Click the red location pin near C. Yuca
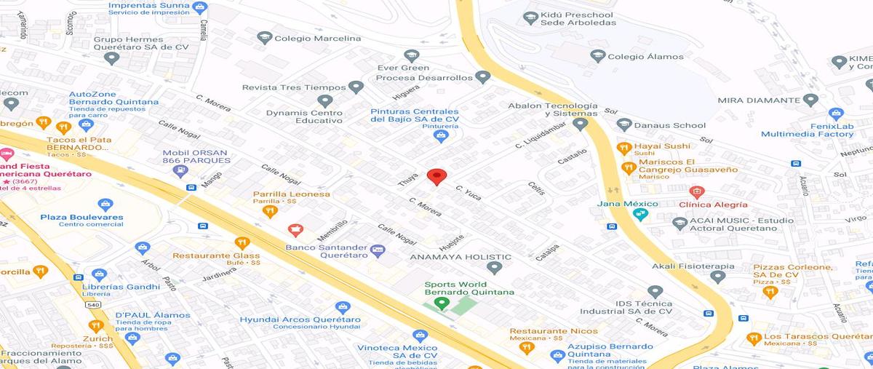click(436, 176)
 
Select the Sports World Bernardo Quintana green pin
click(440, 303)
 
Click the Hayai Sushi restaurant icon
click(623, 148)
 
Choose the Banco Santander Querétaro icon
click(377, 250)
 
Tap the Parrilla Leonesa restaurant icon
click(270, 212)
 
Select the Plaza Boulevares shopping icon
click(105, 205)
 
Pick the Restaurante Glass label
click(216, 255)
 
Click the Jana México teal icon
click(640, 215)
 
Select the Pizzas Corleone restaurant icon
click(770, 292)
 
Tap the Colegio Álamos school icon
click(598, 56)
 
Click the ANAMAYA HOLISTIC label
click(461, 257)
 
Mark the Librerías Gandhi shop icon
click(100, 275)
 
